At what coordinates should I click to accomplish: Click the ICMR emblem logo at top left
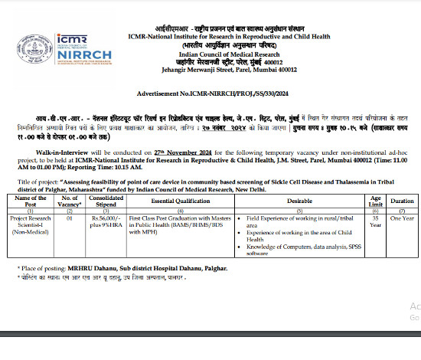[x=29, y=40]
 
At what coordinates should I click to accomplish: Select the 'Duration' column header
[x=401, y=201]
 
